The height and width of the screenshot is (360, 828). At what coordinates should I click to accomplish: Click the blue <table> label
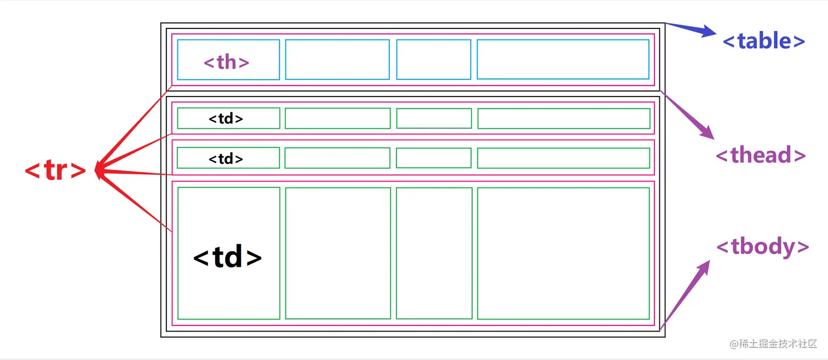[x=764, y=41]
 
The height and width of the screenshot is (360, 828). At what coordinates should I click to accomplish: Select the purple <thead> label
[x=761, y=155]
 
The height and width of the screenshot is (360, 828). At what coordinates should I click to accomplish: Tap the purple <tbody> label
[x=762, y=247]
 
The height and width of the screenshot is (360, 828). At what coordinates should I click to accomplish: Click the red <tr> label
[x=55, y=171]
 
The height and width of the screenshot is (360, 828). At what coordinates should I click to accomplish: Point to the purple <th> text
[x=227, y=62]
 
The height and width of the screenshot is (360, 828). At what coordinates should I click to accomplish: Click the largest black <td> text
[x=228, y=257]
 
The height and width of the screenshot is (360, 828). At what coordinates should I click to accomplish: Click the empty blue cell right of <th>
[x=337, y=59]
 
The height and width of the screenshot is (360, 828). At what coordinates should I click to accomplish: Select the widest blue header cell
[x=563, y=59]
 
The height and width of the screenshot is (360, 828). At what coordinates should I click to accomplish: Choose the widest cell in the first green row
[x=563, y=118]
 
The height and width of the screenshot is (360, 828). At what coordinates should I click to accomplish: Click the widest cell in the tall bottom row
[x=563, y=253]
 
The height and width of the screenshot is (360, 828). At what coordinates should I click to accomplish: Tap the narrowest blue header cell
[x=434, y=59]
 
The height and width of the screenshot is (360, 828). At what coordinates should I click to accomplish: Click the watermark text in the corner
[x=773, y=344]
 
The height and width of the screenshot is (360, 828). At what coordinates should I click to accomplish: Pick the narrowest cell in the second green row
[x=434, y=158]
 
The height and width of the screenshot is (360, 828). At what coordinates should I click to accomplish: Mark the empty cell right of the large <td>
[x=338, y=253]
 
